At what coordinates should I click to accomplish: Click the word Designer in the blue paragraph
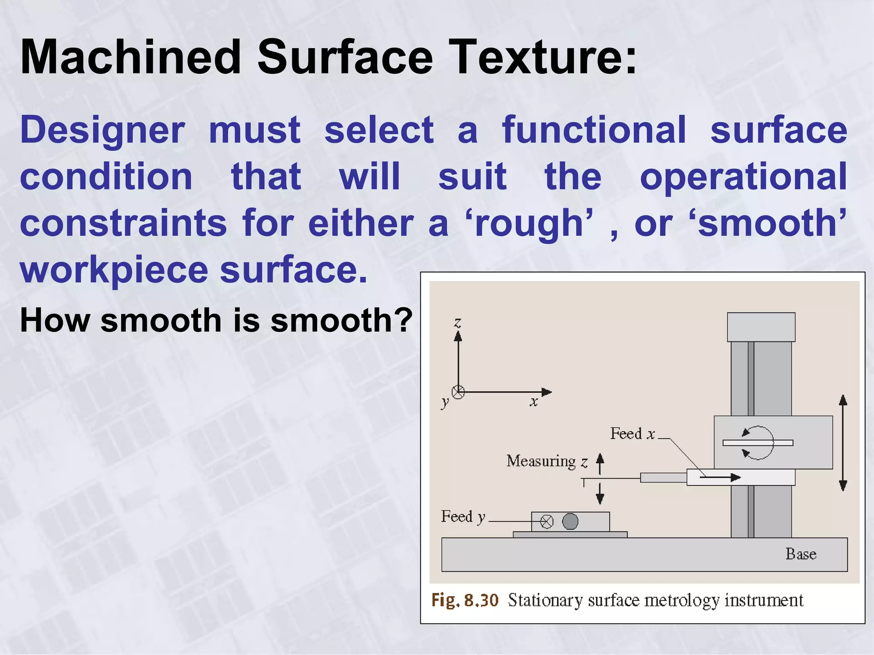(102, 130)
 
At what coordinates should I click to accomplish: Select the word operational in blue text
(743, 177)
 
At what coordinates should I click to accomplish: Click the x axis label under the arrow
(533, 401)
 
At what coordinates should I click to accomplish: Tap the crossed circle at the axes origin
(458, 392)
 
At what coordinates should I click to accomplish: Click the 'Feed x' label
(632, 434)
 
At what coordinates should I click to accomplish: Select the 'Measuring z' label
(547, 461)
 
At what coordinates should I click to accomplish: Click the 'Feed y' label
(463, 517)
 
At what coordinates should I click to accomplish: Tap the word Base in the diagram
(801, 554)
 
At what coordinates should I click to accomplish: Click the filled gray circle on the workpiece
(570, 521)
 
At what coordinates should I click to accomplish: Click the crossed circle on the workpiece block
(547, 522)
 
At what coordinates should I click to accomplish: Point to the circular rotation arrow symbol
(757, 443)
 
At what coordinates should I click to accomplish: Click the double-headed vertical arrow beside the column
(843, 443)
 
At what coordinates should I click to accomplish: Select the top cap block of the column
(761, 327)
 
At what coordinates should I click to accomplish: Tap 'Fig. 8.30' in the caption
(465, 600)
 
